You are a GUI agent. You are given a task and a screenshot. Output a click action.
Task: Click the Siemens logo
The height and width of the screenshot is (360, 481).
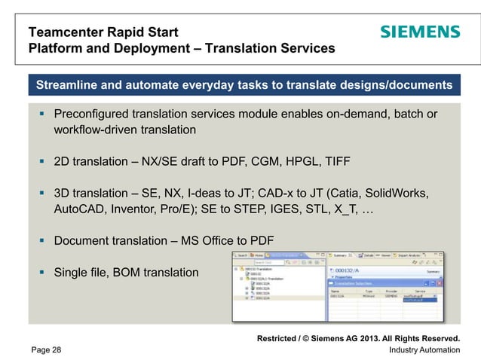click(419, 32)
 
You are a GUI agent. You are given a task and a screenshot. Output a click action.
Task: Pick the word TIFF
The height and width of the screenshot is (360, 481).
click(335, 162)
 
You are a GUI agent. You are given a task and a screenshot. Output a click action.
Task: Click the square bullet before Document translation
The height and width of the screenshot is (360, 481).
click(43, 241)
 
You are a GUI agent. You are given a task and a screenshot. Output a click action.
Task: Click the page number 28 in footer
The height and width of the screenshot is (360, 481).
click(57, 349)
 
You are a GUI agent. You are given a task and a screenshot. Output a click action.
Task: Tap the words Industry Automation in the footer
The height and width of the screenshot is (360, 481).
click(424, 349)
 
